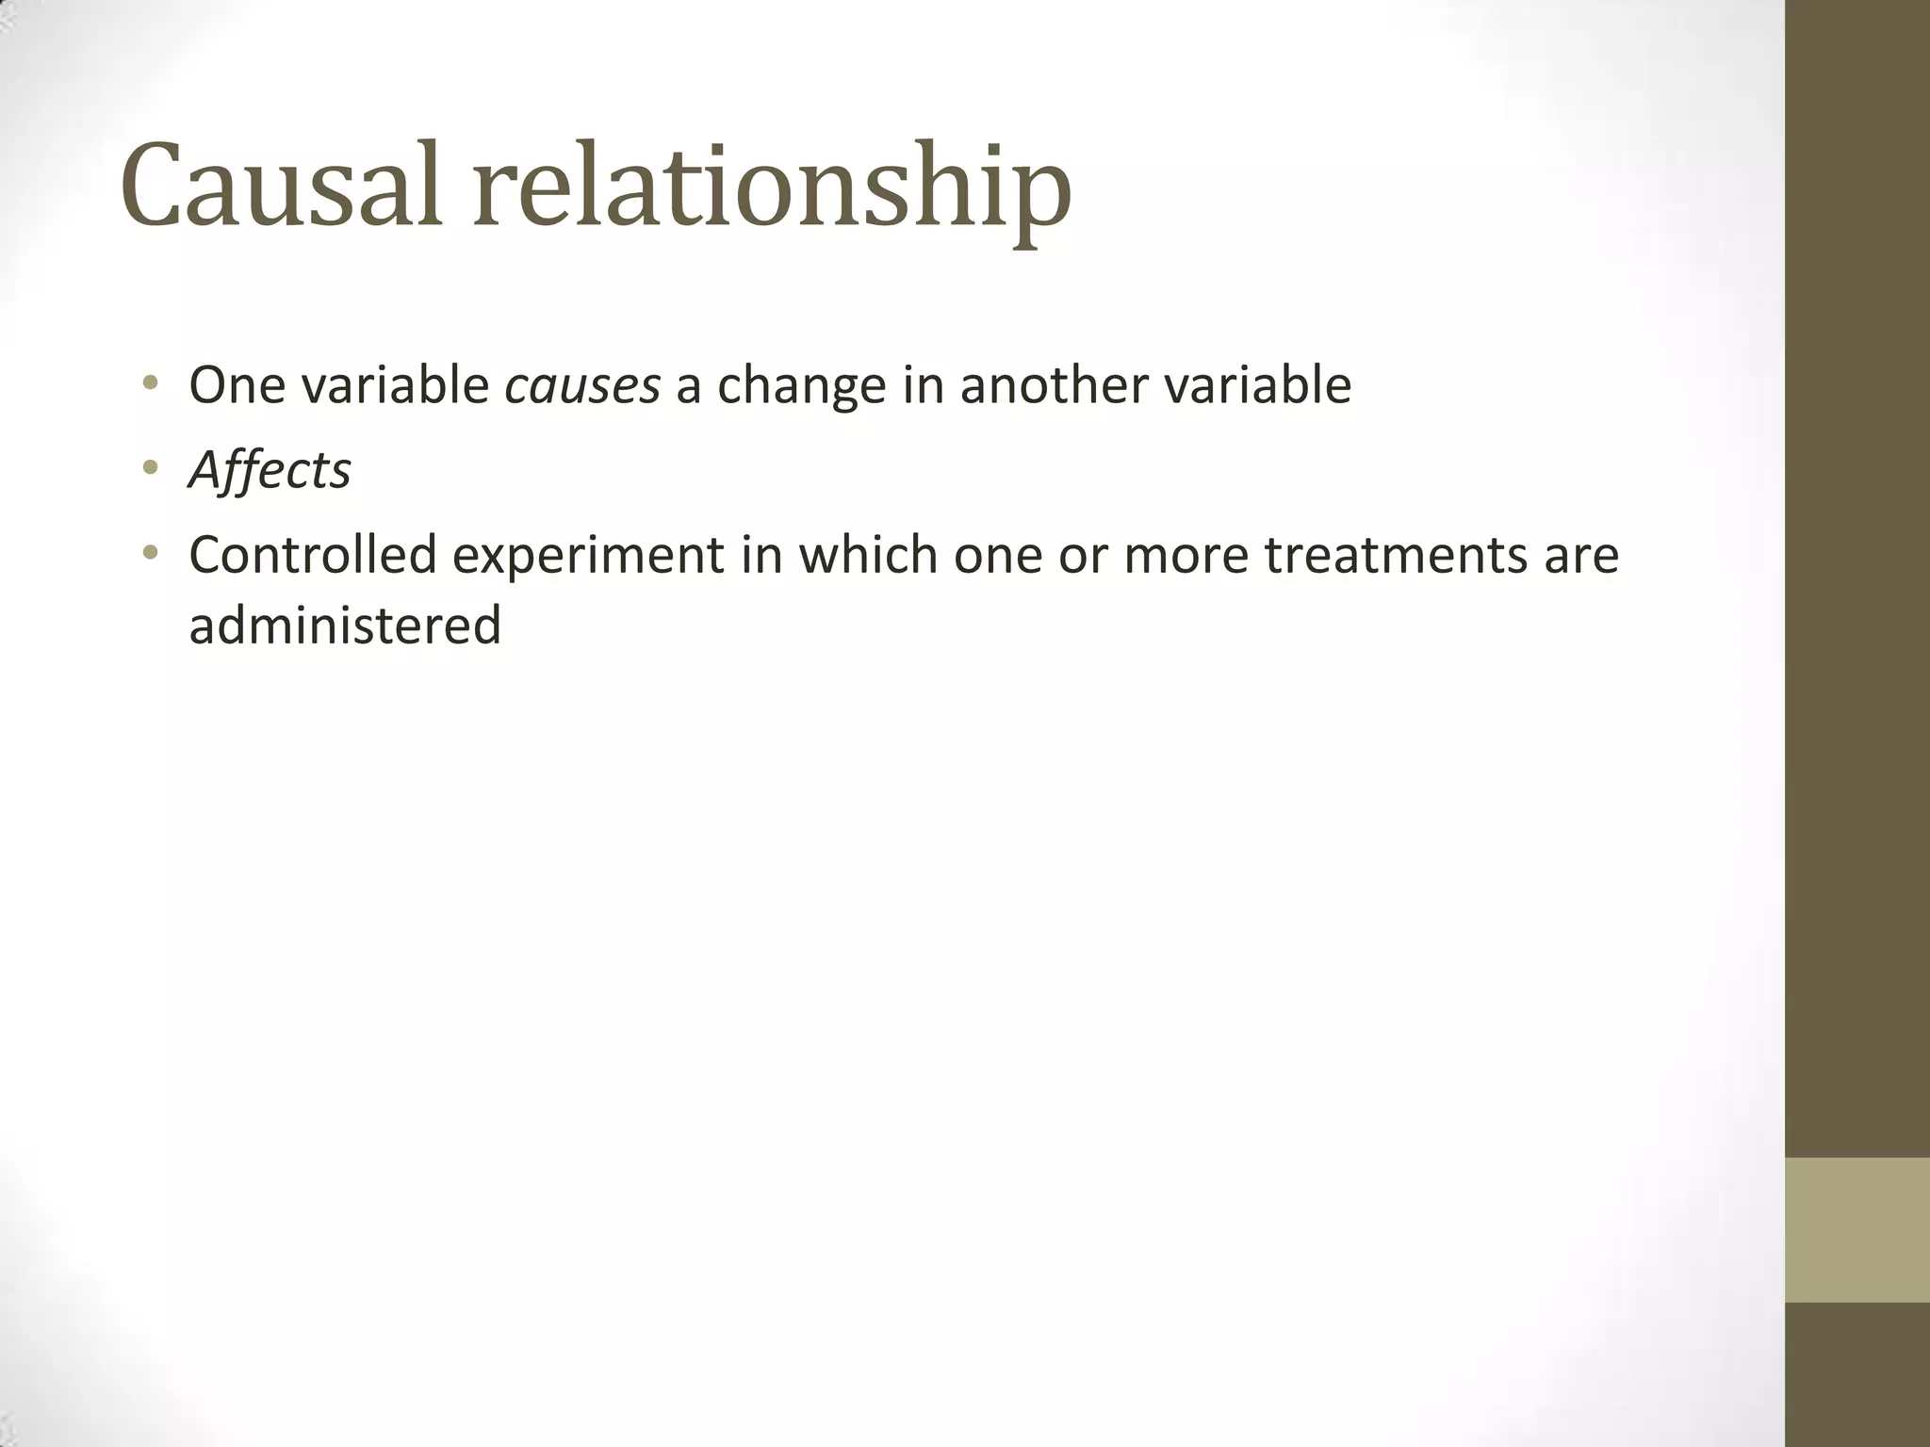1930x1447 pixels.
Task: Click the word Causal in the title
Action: click(281, 186)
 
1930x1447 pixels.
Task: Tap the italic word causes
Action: click(582, 386)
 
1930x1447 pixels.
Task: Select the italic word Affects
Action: click(270, 470)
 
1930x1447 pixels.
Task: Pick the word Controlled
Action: click(313, 555)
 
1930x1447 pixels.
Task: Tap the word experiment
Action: click(588, 557)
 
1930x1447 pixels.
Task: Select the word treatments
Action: click(1396, 556)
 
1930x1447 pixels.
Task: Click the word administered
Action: click(345, 626)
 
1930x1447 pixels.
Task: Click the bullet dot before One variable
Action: click(150, 383)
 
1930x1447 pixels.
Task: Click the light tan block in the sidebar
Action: click(1856, 1229)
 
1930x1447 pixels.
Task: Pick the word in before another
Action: click(923, 386)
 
